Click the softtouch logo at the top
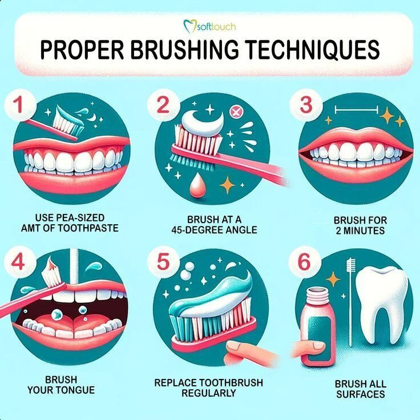(209, 25)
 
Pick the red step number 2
(163, 106)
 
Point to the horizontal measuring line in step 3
(357, 108)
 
